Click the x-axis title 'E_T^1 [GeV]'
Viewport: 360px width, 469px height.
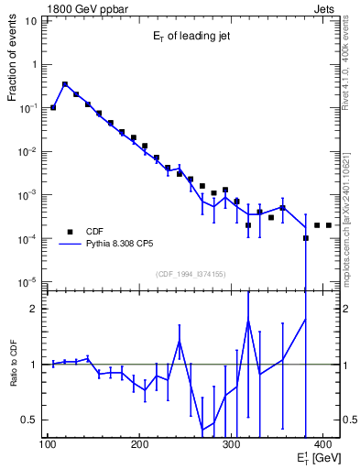[x=314, y=455]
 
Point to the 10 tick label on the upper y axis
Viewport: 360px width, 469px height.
[x=30, y=20]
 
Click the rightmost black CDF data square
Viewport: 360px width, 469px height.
[x=329, y=224]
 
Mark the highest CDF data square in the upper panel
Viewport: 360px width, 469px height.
[x=65, y=84]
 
